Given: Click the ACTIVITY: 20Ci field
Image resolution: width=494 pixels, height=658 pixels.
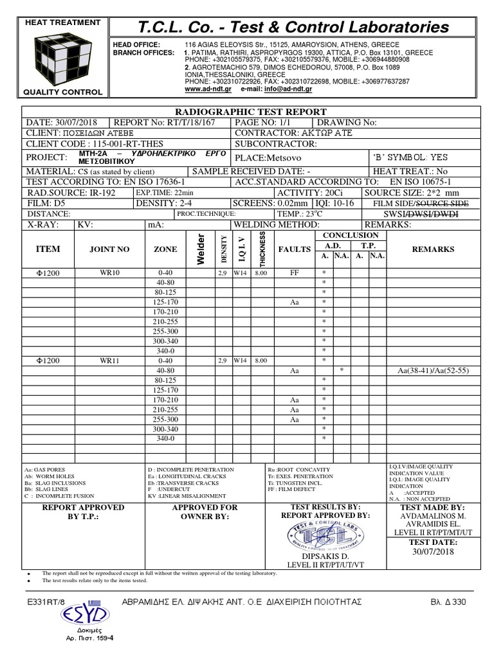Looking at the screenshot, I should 308,192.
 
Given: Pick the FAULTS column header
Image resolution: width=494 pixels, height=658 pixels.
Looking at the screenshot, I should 294,249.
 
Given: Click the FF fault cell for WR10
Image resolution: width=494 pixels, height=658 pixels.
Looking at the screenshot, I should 294,272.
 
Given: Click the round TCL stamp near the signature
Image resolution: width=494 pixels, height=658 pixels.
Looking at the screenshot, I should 320,533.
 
